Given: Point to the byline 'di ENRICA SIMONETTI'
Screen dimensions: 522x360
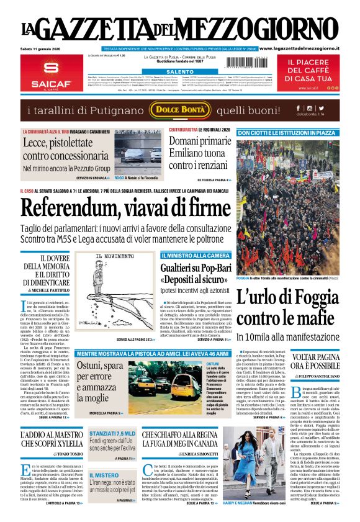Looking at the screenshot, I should pos(181,454).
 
